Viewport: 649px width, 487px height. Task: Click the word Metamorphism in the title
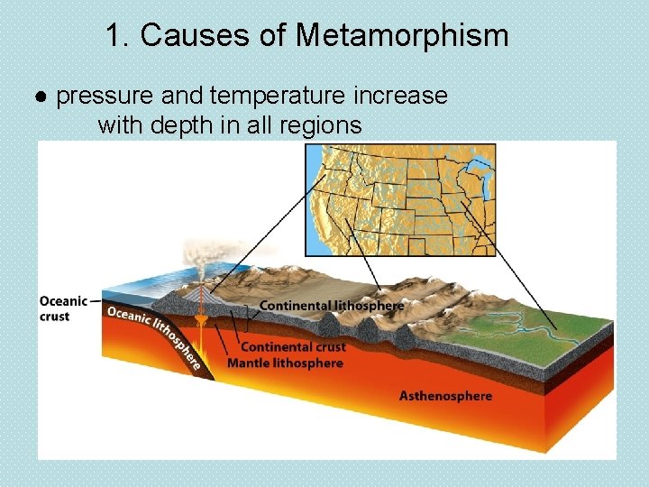pyautogui.click(x=401, y=36)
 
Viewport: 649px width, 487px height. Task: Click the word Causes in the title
pyautogui.click(x=187, y=36)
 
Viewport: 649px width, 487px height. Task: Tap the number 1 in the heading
pyautogui.click(x=113, y=36)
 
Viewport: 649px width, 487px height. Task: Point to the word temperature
pyautogui.click(x=275, y=96)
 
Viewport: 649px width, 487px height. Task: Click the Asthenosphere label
pyautogui.click(x=445, y=396)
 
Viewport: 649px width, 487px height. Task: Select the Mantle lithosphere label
pyautogui.click(x=285, y=363)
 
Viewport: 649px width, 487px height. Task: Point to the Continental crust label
pyautogui.click(x=293, y=346)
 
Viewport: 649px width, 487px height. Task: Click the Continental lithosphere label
pyautogui.click(x=332, y=306)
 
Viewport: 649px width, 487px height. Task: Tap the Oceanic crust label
pyautogui.click(x=63, y=308)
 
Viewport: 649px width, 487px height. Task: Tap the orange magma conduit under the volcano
pyautogui.click(x=202, y=334)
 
